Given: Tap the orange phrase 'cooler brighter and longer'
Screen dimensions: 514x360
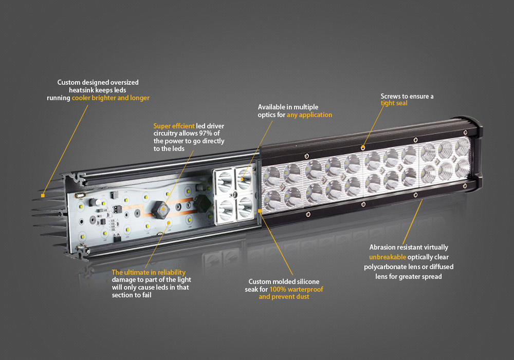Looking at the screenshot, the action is (x=111, y=98).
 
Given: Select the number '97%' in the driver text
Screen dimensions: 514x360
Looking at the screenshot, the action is (x=206, y=134).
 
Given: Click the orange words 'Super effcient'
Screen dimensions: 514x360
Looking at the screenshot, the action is (x=174, y=126).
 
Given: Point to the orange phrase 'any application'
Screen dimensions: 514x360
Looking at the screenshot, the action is (x=309, y=115).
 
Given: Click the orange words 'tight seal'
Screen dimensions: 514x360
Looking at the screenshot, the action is (x=394, y=103).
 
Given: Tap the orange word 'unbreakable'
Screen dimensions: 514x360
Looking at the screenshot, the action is (x=388, y=257).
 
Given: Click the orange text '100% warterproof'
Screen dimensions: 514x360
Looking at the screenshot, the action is (x=296, y=290).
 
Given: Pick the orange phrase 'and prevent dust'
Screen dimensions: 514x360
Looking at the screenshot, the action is (x=284, y=297).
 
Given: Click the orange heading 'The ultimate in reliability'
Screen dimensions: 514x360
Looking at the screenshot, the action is (x=149, y=273).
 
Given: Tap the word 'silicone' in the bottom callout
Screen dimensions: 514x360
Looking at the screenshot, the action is (x=307, y=282).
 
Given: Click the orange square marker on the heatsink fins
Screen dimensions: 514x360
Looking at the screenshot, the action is (x=43, y=196).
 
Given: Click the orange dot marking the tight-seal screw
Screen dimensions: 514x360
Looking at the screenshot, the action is (x=363, y=148).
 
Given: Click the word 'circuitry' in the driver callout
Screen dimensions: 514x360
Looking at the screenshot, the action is (x=166, y=134).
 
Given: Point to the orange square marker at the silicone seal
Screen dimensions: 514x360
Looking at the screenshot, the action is (x=260, y=211).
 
